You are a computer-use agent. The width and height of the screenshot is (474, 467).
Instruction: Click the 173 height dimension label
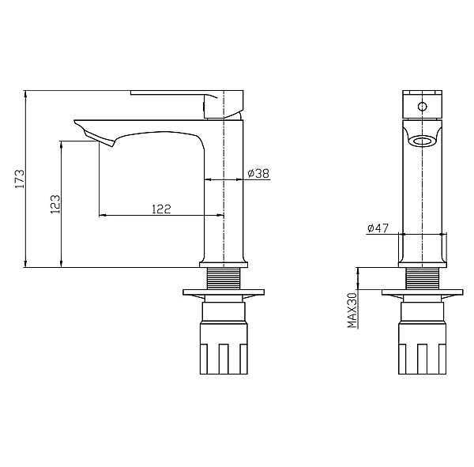20,179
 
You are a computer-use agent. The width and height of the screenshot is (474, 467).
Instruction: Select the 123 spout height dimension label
55,204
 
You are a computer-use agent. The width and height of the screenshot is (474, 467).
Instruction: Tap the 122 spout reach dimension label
161,209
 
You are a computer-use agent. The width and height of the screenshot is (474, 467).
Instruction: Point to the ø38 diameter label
258,173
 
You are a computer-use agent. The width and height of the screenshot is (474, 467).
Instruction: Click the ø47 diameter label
378,228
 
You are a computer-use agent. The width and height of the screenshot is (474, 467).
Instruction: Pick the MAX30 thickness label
352,310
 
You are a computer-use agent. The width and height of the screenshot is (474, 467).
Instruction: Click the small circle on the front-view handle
422,107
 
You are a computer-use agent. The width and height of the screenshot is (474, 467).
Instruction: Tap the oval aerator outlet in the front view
422,141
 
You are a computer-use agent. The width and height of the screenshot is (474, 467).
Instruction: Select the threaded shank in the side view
224,278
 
